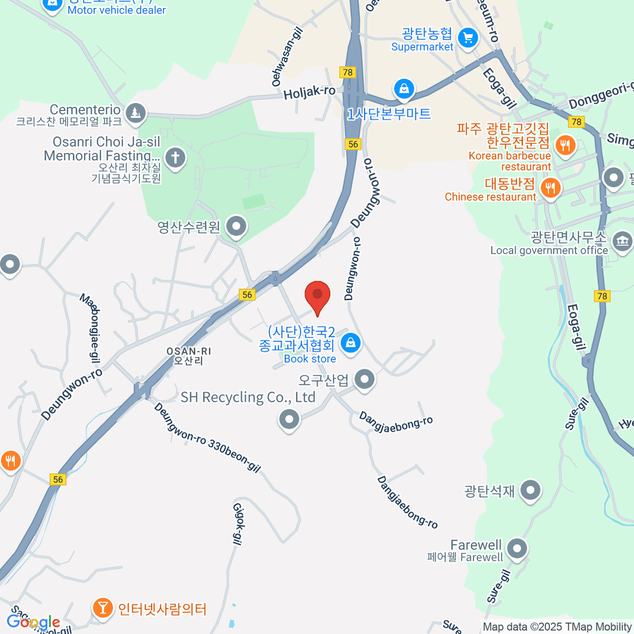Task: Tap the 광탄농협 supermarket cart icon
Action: pos(468,38)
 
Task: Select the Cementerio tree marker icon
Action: pos(136,113)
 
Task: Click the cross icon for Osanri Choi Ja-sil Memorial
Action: pos(175,157)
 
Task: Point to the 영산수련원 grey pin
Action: pos(236,227)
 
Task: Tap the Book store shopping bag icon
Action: pos(350,343)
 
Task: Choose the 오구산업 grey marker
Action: pos(364,379)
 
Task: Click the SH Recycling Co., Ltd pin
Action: pos(288,419)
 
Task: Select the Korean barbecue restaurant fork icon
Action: pos(565,144)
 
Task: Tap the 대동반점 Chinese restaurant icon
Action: pos(551,188)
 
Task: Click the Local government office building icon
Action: pos(622,241)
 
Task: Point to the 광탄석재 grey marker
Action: pos(530,490)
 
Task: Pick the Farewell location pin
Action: pos(517,548)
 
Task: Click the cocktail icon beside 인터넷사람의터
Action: pos(103,608)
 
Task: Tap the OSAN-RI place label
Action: pos(189,356)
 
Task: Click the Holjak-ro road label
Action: pos(309,93)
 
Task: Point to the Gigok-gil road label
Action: pos(239,524)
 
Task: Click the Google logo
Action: pos(33,622)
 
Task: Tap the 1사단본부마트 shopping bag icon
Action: pos(404,88)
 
